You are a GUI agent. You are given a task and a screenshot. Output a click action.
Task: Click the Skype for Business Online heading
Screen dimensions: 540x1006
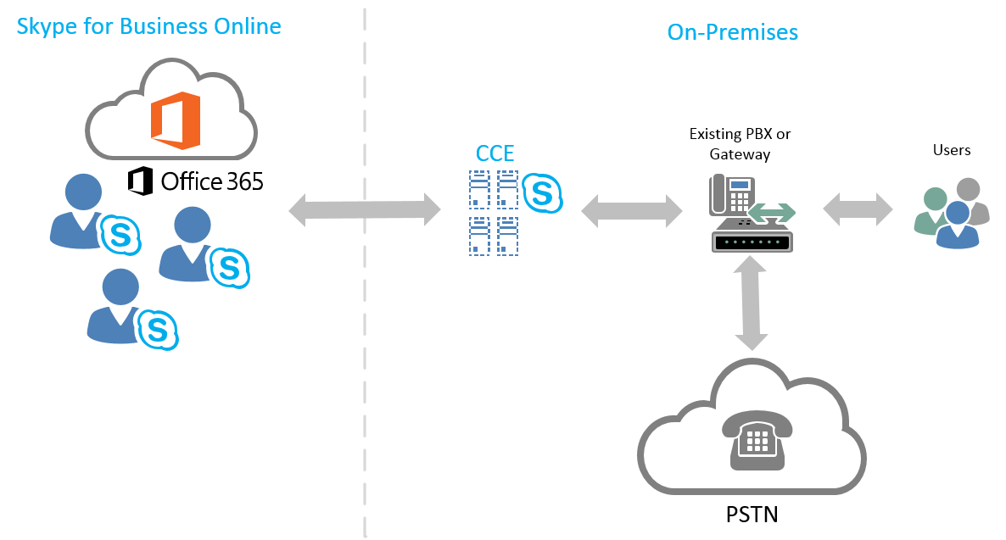pyautogui.click(x=148, y=26)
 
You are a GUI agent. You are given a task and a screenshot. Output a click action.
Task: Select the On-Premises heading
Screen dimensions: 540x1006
pyautogui.click(x=733, y=32)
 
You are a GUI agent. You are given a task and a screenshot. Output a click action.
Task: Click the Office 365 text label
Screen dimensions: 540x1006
pyautogui.click(x=196, y=181)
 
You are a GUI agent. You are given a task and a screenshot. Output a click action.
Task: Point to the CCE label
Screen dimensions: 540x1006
pyautogui.click(x=495, y=154)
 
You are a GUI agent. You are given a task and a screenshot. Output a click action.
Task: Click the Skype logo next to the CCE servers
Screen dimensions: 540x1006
pyautogui.click(x=542, y=193)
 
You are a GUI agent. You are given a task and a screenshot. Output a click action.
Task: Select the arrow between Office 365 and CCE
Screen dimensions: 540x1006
pyautogui.click(x=365, y=209)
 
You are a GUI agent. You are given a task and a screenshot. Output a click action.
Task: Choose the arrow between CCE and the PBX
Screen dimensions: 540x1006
pyautogui.click(x=632, y=210)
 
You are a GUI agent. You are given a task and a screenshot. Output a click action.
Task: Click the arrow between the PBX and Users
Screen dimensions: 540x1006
pyautogui.click(x=858, y=208)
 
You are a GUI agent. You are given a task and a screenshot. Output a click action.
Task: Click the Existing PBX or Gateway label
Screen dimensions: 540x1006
pyautogui.click(x=740, y=144)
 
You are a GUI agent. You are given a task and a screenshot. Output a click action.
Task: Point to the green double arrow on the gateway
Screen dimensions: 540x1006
pyautogui.click(x=771, y=212)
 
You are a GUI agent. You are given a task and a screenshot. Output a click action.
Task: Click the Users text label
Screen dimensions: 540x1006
pyautogui.click(x=951, y=150)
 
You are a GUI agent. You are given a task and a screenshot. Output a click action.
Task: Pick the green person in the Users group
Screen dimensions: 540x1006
pyautogui.click(x=934, y=208)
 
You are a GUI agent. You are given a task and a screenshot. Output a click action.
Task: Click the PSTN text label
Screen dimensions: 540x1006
pyautogui.click(x=752, y=514)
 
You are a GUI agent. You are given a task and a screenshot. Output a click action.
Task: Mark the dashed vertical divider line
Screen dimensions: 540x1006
pyautogui.click(x=365, y=339)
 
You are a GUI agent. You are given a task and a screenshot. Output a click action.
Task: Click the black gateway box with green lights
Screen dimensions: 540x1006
pyautogui.click(x=752, y=242)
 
